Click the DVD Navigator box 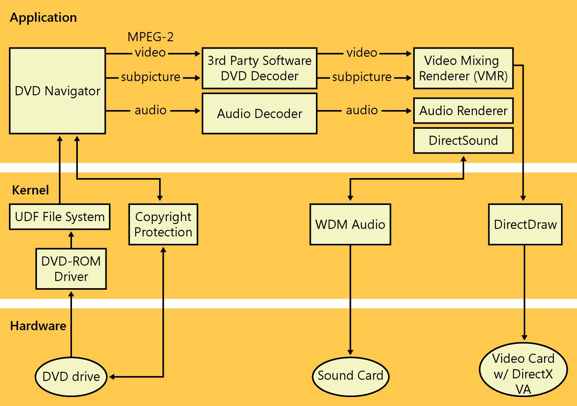tap(58, 91)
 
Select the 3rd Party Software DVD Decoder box tap(260, 68)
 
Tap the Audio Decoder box tap(260, 114)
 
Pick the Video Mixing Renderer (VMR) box tap(463, 68)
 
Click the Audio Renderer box tap(463, 111)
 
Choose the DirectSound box tap(463, 140)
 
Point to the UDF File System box tap(60, 217)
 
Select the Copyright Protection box tap(163, 224)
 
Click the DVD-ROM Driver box tap(71, 269)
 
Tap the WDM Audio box tap(350, 224)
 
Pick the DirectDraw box tap(525, 224)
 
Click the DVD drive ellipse tap(71, 376)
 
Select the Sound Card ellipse tap(351, 376)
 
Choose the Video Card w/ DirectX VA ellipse tap(523, 374)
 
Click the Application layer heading tap(43, 17)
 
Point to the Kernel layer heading tap(30, 190)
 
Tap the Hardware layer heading tap(38, 326)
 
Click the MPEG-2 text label tap(151, 37)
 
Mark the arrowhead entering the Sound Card tap(351, 352)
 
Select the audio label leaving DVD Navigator tap(151, 110)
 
